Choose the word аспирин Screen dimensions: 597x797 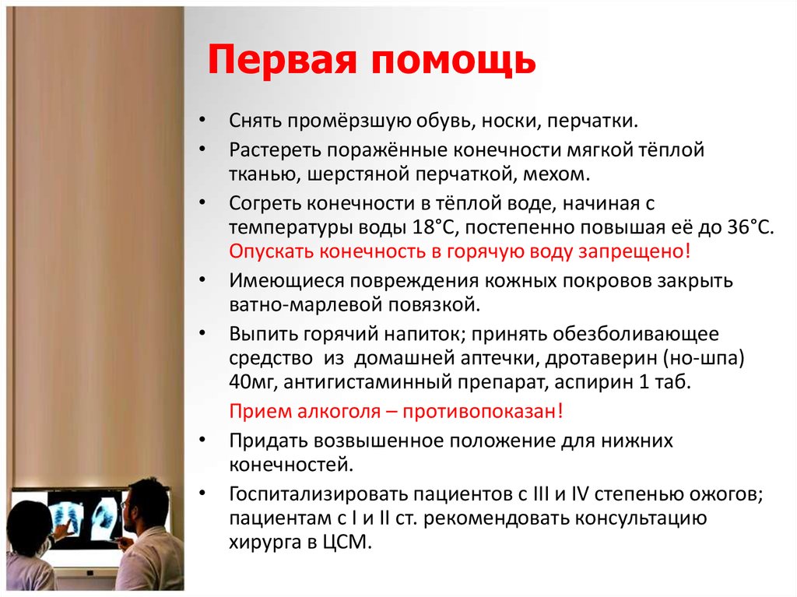coord(599,384)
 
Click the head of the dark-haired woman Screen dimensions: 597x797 coord(30,520)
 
